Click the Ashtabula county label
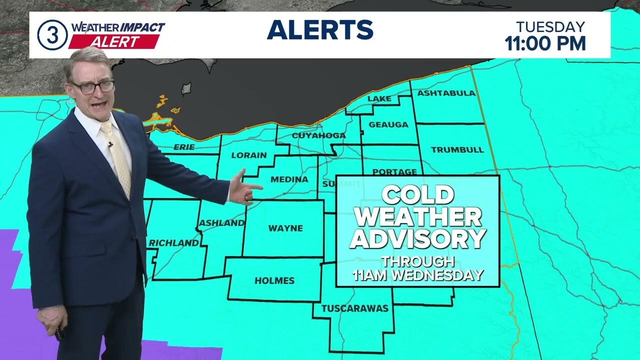[x=446, y=93]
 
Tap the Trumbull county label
[x=450, y=149]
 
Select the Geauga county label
[x=388, y=124]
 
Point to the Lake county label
[x=379, y=98]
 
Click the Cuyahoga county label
[x=318, y=135]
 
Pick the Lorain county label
[x=249, y=155]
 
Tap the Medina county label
[x=289, y=179]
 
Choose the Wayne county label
[x=285, y=228]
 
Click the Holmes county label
[x=274, y=280]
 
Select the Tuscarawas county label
[x=354, y=308]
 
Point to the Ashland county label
[x=221, y=223]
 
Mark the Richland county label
[x=173, y=243]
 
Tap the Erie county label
[x=183, y=147]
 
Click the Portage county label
[x=394, y=171]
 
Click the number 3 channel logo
[x=52, y=35]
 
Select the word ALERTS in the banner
[x=320, y=30]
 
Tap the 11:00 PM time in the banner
[x=545, y=43]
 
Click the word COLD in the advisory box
[x=417, y=195]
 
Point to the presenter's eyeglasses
[x=93, y=87]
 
